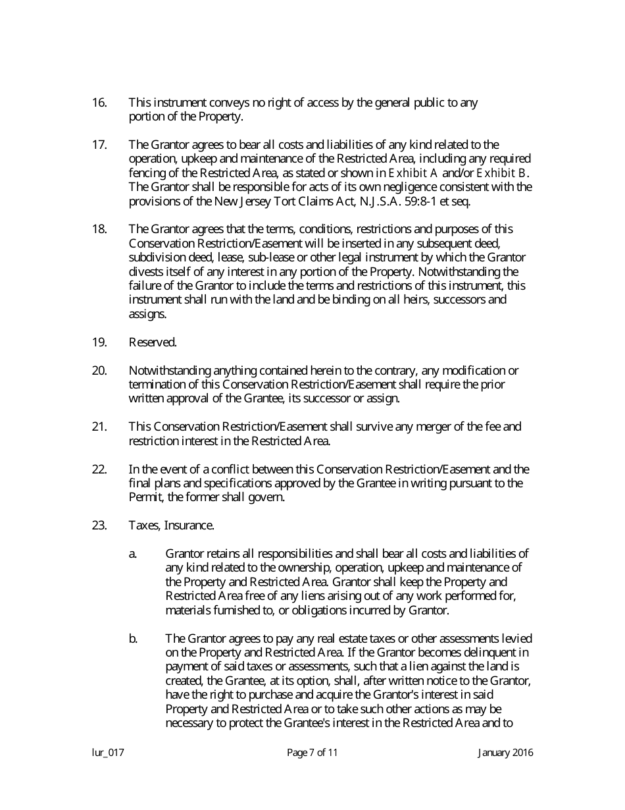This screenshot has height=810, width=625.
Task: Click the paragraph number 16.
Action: coord(99,103)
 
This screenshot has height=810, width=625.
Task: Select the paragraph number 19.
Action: coord(99,342)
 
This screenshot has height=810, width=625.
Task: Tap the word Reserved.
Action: coord(153,342)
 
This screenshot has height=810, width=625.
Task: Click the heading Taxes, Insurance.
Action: coord(171,526)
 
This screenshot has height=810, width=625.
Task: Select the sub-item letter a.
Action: coord(133,554)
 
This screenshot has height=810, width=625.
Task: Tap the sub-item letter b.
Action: coord(133,639)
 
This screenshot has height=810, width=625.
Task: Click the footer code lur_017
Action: coord(108,753)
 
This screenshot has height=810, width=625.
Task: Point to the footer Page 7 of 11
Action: coord(312,753)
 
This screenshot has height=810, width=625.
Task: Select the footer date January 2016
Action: coord(505,753)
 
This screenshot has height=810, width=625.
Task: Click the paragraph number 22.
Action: coord(99,470)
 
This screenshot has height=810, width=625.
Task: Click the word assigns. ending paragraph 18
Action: coord(147,314)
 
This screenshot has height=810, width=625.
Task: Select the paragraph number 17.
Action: coord(99,145)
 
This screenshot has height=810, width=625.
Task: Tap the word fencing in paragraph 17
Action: coord(146,173)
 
